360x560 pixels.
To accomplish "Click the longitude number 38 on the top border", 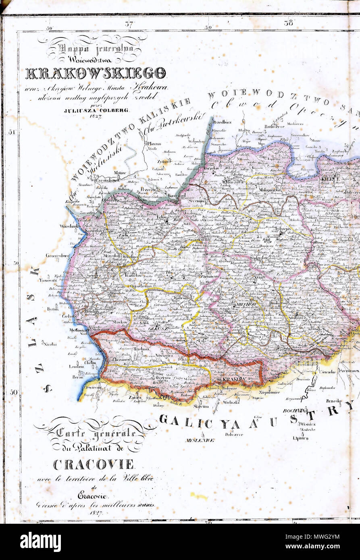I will point(288,23).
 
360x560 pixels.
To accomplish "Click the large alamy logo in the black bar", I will point(40,542).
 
